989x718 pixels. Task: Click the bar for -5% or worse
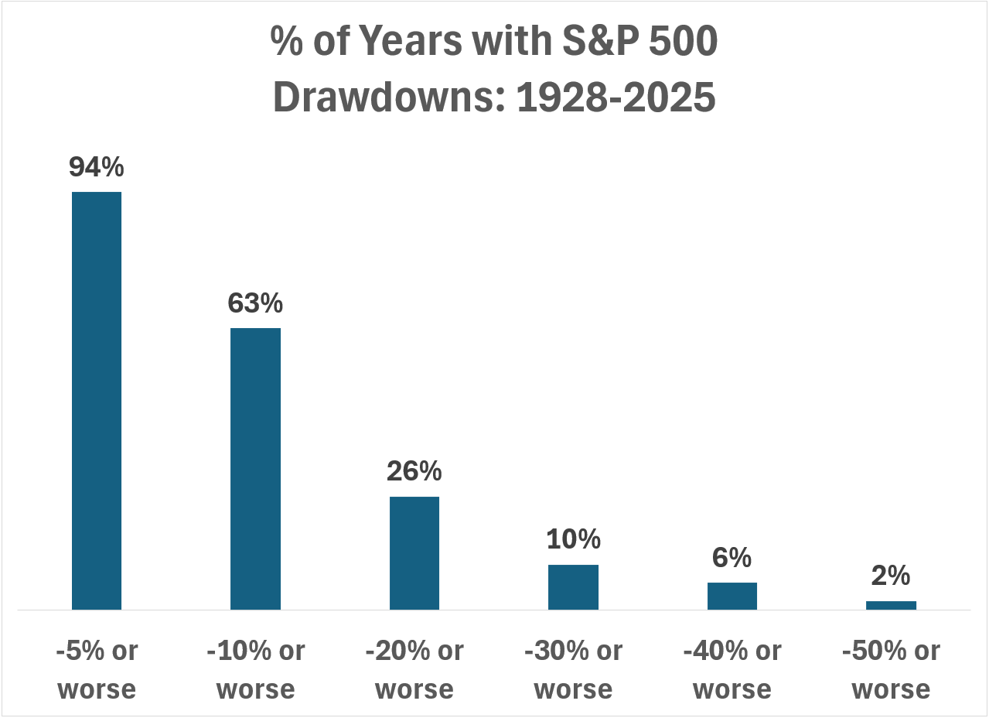point(97,400)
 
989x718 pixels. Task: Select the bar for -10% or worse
point(255,468)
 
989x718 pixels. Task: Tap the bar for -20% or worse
point(414,552)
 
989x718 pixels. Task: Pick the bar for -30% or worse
point(573,586)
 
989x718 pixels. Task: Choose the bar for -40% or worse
point(732,596)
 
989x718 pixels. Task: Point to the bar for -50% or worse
point(891,605)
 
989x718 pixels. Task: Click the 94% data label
point(97,167)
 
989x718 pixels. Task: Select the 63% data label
point(255,303)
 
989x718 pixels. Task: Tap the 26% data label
point(414,471)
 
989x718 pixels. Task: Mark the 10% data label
point(573,539)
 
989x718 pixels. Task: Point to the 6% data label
point(732,557)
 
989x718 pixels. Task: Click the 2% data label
point(891,576)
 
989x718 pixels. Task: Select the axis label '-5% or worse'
point(97,669)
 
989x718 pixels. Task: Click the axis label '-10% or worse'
point(255,669)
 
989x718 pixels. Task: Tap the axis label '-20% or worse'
point(414,669)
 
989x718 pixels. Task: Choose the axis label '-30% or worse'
point(573,669)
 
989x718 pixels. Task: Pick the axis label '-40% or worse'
point(732,669)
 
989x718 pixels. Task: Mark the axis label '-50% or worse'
point(891,669)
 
